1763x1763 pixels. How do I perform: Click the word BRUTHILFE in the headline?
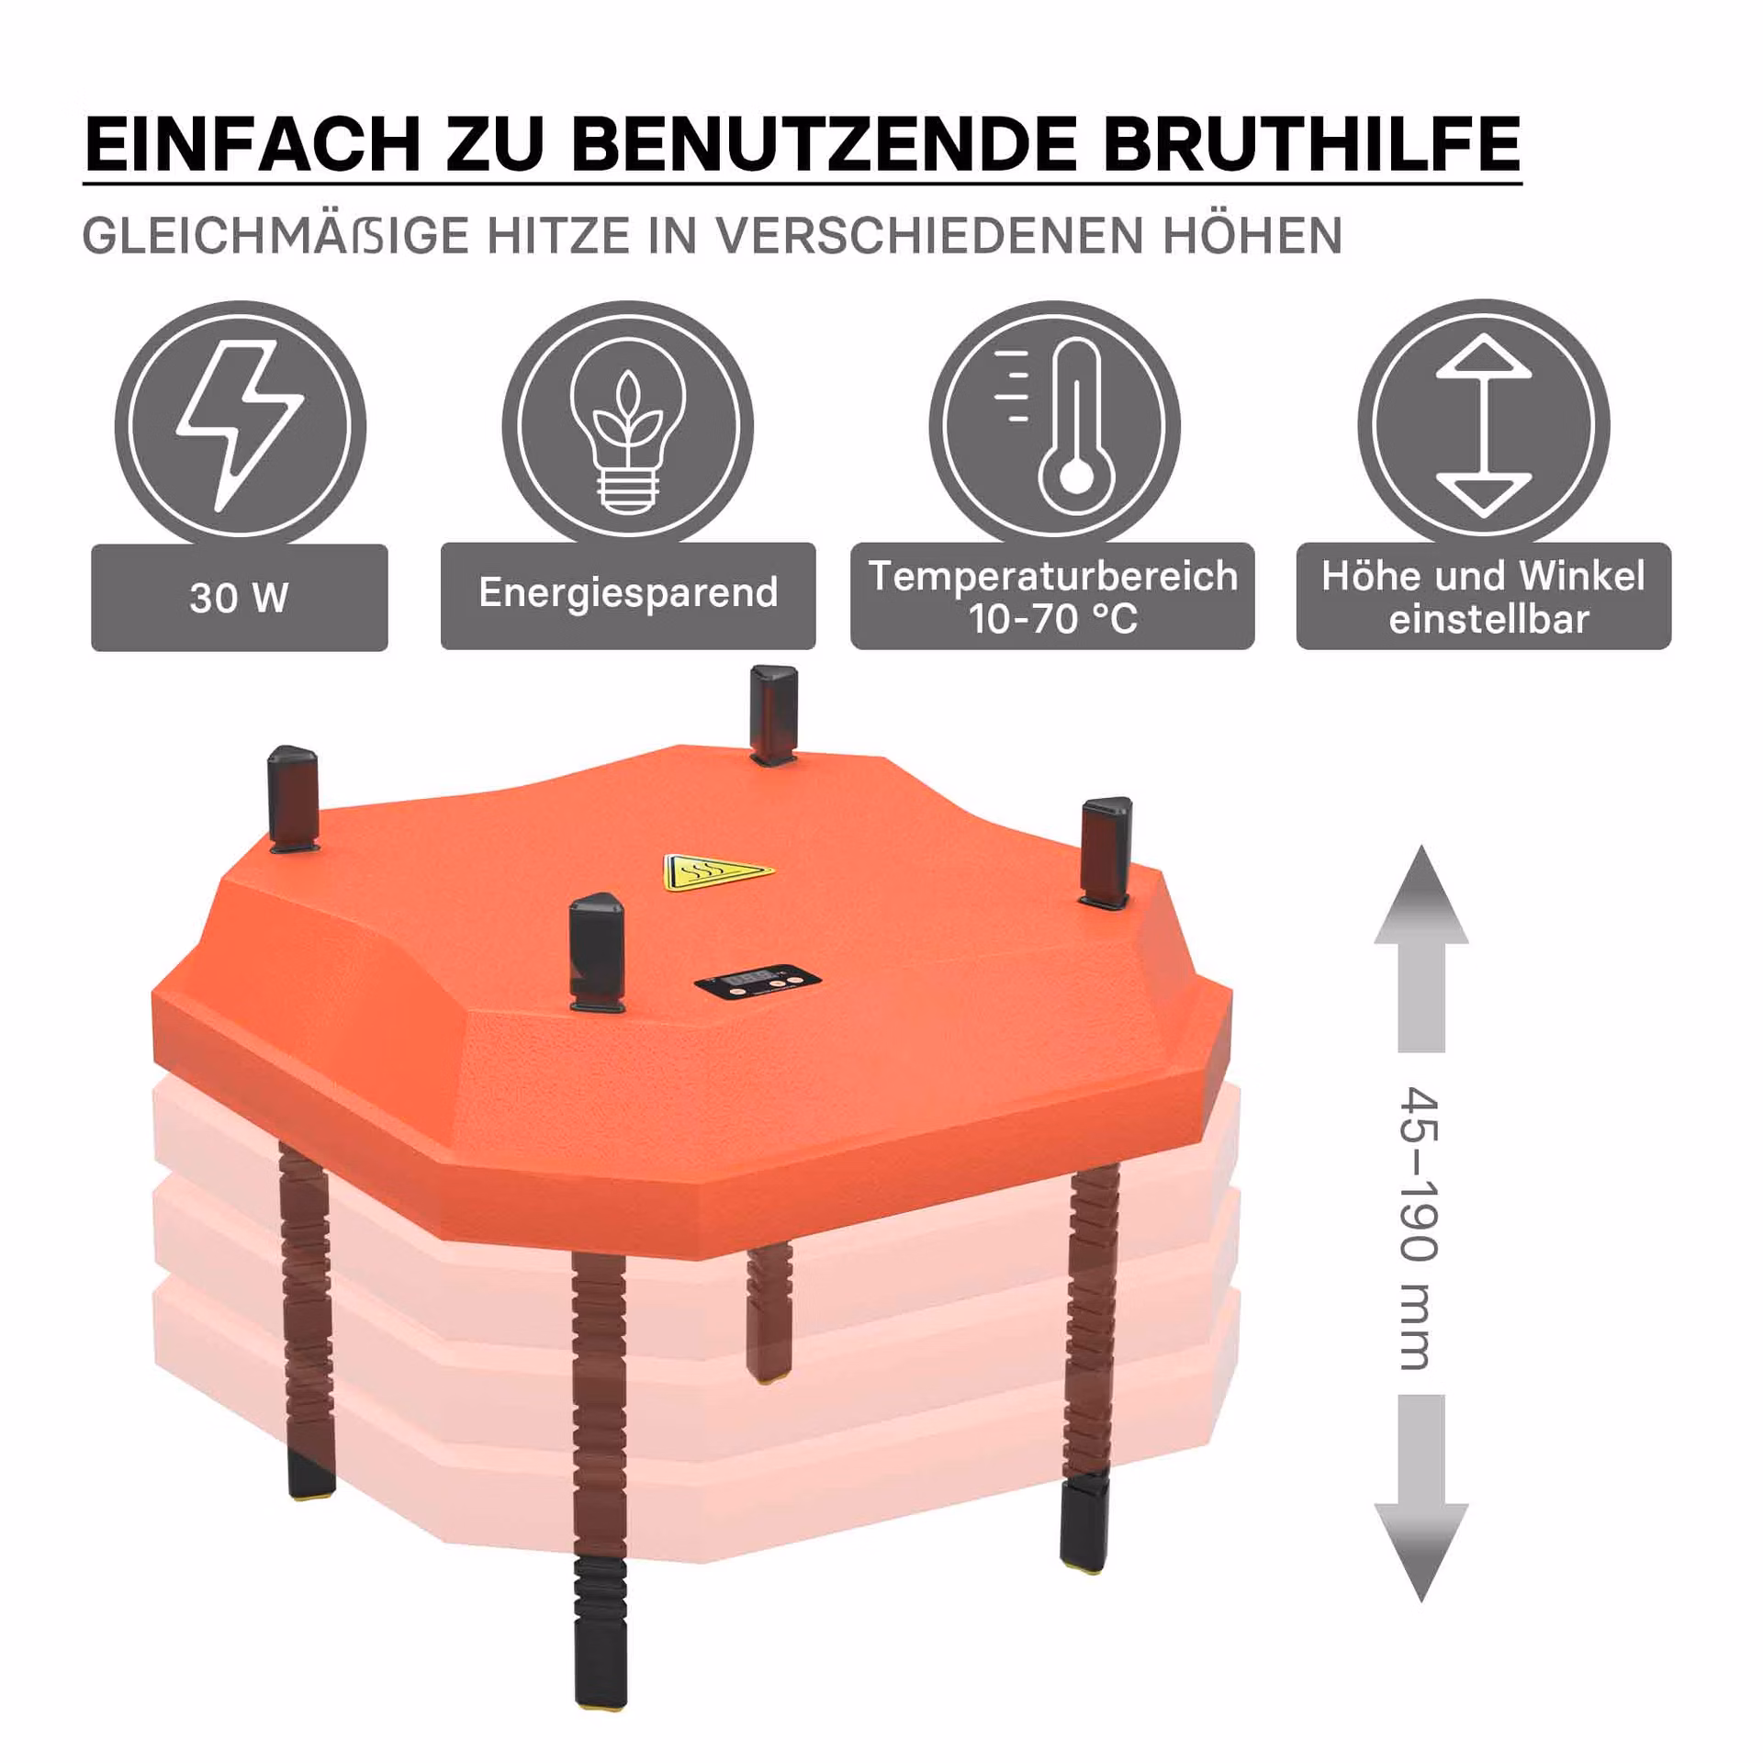[1311, 143]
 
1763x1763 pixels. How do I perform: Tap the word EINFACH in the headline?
[253, 143]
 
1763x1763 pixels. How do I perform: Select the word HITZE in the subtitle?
[558, 236]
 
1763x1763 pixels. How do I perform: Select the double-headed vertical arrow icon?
[1484, 425]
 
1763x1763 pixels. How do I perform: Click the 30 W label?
[240, 598]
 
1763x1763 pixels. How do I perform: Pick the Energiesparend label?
[628, 594]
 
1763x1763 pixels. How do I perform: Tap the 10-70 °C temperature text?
[1053, 619]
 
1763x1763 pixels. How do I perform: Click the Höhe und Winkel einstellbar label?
[1484, 597]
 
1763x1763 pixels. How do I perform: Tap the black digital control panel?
[758, 983]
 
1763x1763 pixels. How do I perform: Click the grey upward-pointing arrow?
[1421, 949]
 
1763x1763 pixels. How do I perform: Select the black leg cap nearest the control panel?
[597, 951]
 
